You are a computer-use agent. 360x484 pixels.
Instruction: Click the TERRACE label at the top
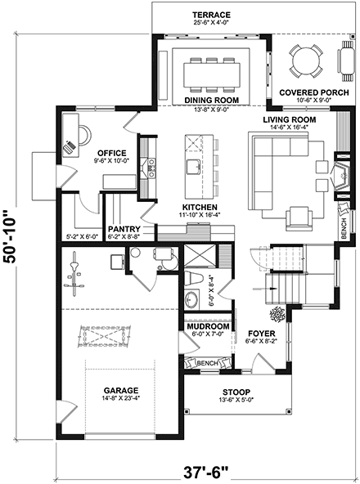coord(211,15)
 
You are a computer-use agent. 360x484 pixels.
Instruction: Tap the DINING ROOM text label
coord(211,99)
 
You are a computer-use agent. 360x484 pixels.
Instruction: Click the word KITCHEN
coord(199,208)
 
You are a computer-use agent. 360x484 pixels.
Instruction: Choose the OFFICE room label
coord(110,152)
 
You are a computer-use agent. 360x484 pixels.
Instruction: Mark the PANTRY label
coord(124,229)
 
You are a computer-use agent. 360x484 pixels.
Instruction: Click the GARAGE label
coord(120,390)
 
